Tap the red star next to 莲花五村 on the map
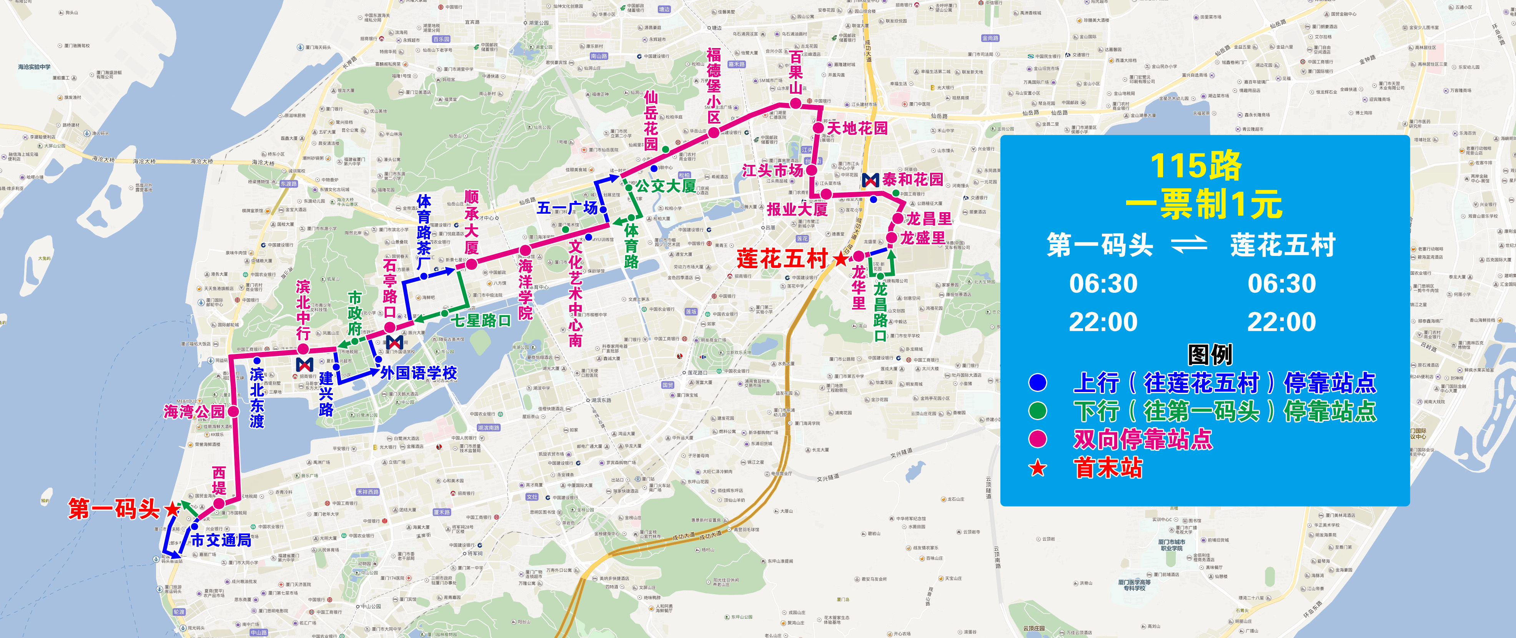click(x=841, y=259)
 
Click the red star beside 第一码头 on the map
click(x=172, y=509)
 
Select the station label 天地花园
click(x=857, y=128)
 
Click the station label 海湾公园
click(x=194, y=411)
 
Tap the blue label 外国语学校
click(x=418, y=372)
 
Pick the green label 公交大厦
click(x=666, y=186)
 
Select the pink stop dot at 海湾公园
click(x=233, y=411)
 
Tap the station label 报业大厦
click(x=797, y=209)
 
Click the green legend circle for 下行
click(x=1038, y=411)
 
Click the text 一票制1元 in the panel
click(x=1203, y=204)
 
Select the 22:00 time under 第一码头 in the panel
click(x=1103, y=322)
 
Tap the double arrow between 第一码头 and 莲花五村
click(x=1189, y=244)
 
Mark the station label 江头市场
click(x=772, y=171)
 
